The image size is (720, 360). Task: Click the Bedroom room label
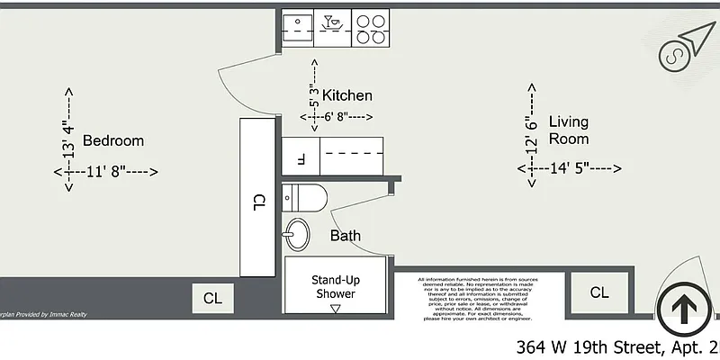point(113,140)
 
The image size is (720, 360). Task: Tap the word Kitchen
point(347,95)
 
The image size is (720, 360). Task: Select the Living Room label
point(569,130)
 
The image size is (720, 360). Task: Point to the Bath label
point(346,236)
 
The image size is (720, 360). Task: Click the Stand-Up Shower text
point(334,286)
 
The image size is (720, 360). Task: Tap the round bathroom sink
point(294,237)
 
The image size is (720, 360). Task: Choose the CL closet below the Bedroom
point(212,298)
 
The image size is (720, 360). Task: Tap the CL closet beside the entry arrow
point(599,292)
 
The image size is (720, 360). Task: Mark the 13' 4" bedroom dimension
point(67,140)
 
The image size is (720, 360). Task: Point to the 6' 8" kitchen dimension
point(338,117)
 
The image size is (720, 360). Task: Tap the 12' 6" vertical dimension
point(532,131)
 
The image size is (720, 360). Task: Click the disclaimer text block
point(481,299)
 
